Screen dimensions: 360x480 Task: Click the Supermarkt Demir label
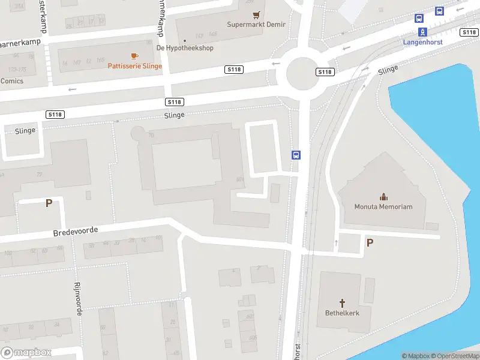tap(256, 25)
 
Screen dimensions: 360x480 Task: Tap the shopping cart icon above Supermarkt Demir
tap(257, 14)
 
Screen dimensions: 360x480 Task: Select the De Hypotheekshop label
tap(185, 48)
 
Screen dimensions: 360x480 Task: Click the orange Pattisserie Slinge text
tap(134, 66)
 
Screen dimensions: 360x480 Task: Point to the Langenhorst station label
tap(422, 43)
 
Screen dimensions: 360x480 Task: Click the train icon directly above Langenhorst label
tap(422, 32)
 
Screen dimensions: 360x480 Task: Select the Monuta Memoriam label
tap(383, 207)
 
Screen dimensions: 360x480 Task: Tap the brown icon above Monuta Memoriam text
tap(383, 197)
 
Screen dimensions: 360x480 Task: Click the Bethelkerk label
tap(343, 313)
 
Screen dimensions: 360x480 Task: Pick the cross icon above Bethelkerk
tap(343, 303)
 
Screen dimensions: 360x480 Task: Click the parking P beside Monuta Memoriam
tap(370, 242)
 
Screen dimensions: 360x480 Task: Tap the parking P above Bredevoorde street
tap(49, 203)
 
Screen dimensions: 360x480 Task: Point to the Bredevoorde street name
tap(75, 231)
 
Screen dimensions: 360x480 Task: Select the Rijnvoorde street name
tap(77, 298)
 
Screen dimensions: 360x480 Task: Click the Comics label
tap(12, 81)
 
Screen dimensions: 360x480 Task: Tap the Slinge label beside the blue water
tap(388, 70)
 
